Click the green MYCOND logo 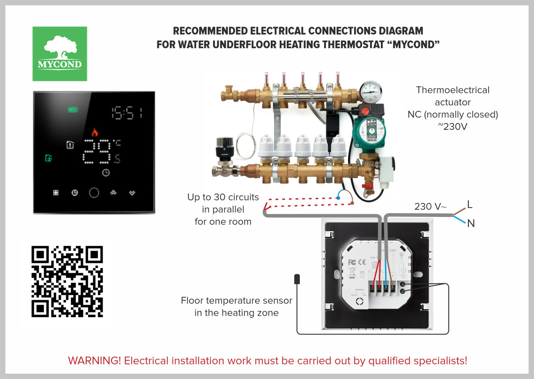59,53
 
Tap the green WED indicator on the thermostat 73,110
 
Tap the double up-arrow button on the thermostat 113,192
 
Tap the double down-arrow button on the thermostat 133,192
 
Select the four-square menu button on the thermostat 56,193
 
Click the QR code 67,281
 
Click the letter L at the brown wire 470,204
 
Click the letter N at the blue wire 471,224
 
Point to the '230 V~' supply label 430,206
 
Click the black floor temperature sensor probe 297,279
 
